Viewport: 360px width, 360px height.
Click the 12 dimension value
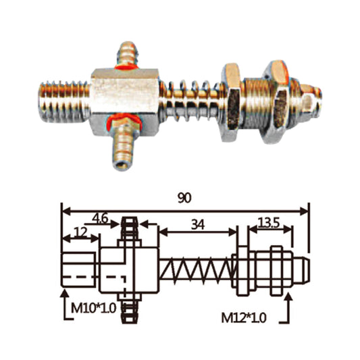pos(80,232)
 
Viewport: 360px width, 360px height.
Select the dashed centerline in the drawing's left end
pos(81,276)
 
